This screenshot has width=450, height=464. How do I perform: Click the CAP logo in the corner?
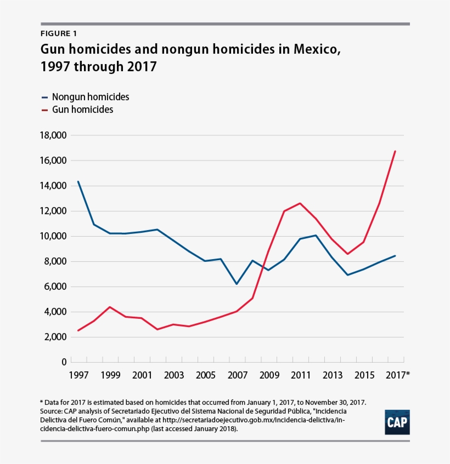pyautogui.click(x=397, y=422)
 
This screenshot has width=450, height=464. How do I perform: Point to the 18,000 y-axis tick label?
pyautogui.click(x=53, y=135)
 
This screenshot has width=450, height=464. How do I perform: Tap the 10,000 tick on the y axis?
pyautogui.click(x=53, y=236)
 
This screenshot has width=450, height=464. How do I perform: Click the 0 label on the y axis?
pyautogui.click(x=64, y=362)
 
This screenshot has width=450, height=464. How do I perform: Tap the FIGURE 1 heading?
pyautogui.click(x=59, y=34)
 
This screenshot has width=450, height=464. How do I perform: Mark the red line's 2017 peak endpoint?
pyautogui.click(x=395, y=151)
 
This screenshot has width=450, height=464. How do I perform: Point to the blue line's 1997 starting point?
pyautogui.click(x=78, y=181)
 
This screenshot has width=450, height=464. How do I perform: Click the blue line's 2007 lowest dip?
pyautogui.click(x=237, y=284)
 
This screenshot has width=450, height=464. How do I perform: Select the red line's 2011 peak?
pyautogui.click(x=300, y=203)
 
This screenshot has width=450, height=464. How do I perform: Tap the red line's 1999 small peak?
pyautogui.click(x=110, y=307)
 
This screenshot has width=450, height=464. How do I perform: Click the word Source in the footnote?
pyautogui.click(x=53, y=410)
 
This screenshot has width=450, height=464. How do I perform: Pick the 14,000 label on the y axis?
pyautogui.click(x=53, y=186)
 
